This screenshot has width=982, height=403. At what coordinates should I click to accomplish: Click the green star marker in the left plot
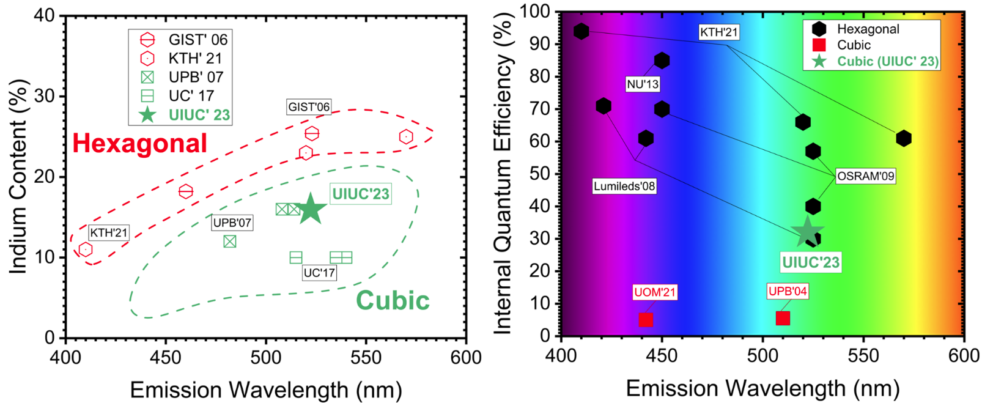coord(311,209)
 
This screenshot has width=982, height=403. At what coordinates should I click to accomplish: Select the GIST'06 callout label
coord(309,107)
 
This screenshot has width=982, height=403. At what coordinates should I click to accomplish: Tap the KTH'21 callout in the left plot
coord(108,232)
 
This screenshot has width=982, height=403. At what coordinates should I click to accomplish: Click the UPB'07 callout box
coord(232,223)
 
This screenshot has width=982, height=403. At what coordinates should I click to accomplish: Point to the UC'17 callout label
coord(319,273)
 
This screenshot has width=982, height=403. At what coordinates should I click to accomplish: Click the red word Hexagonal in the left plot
coord(140,144)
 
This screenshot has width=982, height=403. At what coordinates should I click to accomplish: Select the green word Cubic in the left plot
coord(393,301)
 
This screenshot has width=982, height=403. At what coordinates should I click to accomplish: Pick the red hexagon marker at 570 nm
coord(406,137)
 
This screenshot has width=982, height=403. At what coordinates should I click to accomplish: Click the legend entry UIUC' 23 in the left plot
coord(199,115)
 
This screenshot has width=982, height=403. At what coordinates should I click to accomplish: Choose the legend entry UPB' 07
coord(196,77)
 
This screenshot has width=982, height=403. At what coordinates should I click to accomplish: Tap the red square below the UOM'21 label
coord(646,319)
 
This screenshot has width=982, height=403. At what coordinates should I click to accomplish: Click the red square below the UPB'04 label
coord(783,318)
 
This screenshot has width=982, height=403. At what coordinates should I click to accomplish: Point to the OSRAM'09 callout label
coord(865,176)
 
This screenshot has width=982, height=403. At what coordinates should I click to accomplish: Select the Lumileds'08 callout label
coord(624,186)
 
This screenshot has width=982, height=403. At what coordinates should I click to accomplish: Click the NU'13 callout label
coord(643,84)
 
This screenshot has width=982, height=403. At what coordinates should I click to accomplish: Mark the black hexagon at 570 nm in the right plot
coord(904,139)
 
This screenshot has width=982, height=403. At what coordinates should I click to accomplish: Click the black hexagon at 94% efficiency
coord(581,31)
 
